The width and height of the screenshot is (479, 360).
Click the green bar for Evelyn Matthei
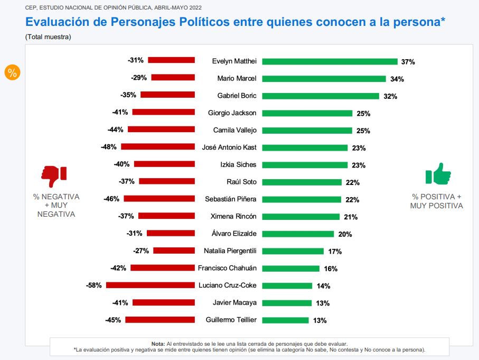point(330,61)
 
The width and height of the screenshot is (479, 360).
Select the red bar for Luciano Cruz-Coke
point(151,285)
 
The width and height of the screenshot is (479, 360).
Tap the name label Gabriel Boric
point(237,96)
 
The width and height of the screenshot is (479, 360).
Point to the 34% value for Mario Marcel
point(397,79)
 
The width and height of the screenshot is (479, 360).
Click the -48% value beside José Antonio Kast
point(109,147)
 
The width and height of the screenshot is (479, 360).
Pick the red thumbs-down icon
point(54,176)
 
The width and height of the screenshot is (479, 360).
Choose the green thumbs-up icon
point(438,173)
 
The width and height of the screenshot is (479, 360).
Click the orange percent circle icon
point(12,73)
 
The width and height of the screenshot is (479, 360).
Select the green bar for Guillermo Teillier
point(285,320)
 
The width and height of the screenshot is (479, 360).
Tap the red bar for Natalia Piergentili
point(174,251)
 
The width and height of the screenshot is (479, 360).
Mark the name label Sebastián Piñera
point(231,199)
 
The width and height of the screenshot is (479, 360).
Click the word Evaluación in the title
point(57,22)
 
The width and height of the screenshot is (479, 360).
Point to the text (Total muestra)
point(48,37)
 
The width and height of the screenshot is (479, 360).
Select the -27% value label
point(141,251)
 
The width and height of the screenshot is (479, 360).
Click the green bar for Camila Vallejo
point(307,130)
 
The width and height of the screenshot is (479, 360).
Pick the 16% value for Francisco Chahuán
point(331,269)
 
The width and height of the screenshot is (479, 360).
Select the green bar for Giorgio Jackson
point(307,113)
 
